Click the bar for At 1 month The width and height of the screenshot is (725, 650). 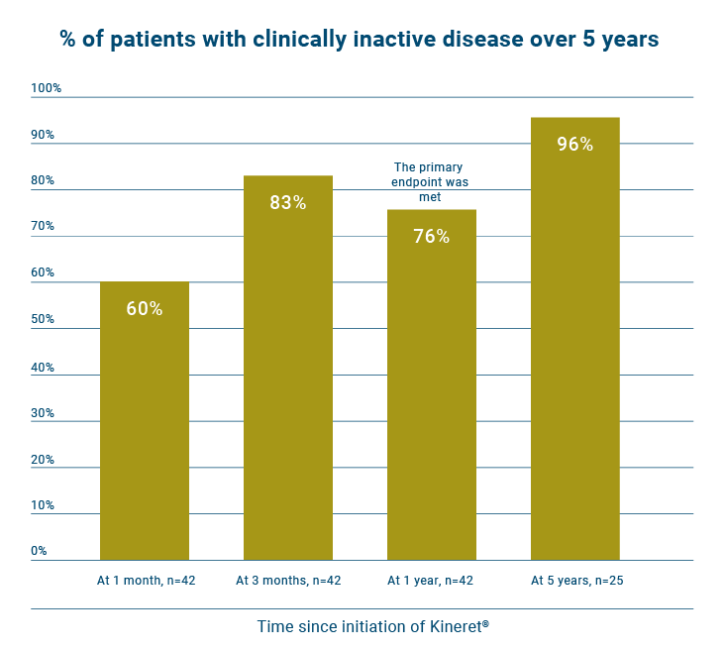(145, 421)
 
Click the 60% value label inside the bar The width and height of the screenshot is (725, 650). (145, 308)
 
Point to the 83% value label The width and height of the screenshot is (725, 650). (288, 202)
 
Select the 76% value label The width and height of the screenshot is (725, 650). (432, 237)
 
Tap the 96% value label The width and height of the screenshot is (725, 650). (575, 145)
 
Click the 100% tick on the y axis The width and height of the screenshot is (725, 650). (47, 88)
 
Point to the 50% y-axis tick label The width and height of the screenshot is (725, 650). (44, 319)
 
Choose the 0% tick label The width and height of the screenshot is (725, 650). (40, 550)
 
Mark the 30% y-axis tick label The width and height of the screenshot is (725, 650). (44, 412)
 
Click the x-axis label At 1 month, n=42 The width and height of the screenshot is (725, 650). (146, 580)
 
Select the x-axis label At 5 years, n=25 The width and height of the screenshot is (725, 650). (575, 580)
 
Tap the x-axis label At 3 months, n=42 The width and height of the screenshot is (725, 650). (288, 580)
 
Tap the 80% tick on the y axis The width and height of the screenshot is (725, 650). (44, 180)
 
